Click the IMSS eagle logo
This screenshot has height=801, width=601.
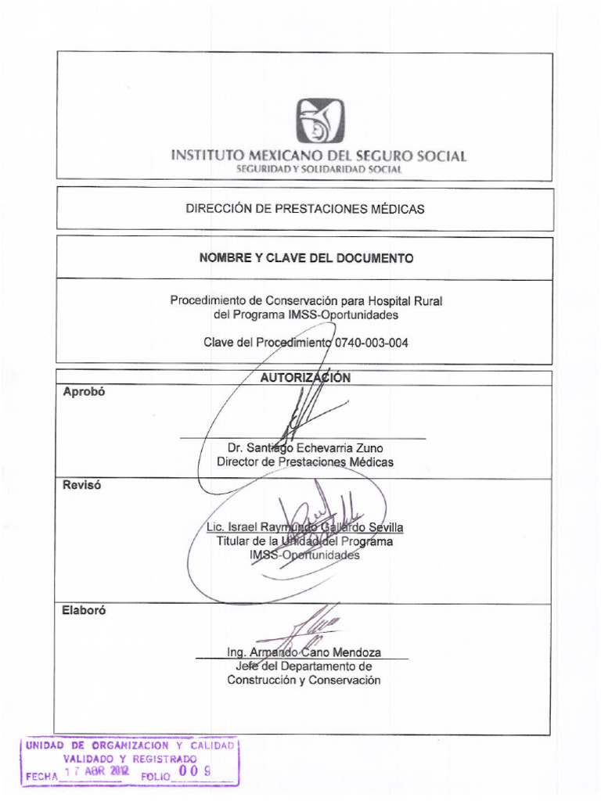pos(319,121)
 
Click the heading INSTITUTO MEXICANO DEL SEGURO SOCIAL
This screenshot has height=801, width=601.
pos(318,156)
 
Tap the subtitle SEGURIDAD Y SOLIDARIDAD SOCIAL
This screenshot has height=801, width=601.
pos(319,169)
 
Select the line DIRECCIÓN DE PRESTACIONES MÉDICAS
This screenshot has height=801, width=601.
pos(305,209)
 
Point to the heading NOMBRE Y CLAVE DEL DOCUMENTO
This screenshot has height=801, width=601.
pos(306,258)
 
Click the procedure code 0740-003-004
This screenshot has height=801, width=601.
pos(371,343)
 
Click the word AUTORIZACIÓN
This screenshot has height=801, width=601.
pos(305,378)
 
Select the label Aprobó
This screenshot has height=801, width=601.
pos(84,393)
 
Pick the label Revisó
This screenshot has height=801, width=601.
pos(82,485)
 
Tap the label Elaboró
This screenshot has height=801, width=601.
pos(85,612)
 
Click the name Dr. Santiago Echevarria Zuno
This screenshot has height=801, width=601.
pos(305,448)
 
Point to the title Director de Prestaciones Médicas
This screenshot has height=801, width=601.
pos(305,462)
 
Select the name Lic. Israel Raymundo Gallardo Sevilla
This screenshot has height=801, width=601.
pos(304,528)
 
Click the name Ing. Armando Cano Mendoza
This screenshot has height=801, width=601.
pos(304,652)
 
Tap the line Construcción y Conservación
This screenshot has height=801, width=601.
pos(304,680)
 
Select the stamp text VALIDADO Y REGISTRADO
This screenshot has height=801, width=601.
pos(130,760)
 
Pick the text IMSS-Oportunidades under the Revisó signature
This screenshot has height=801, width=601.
pos(304,555)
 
